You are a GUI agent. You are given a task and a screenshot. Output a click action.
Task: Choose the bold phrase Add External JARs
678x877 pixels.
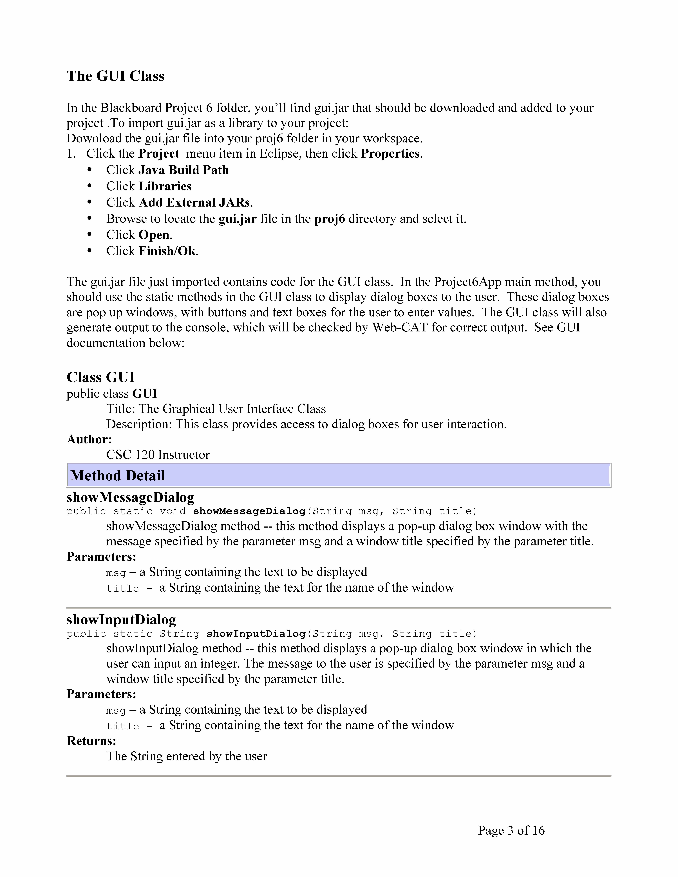point(194,202)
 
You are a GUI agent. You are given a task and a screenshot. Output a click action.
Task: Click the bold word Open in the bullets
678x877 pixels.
point(154,235)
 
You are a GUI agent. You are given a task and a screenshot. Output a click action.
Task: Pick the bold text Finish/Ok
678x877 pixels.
point(167,251)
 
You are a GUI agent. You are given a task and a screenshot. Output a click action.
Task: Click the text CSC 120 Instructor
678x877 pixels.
point(158,455)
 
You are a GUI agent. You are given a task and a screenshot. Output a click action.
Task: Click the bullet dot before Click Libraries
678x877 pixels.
point(90,186)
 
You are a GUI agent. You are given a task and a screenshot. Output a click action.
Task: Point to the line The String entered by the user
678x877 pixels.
point(186,756)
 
